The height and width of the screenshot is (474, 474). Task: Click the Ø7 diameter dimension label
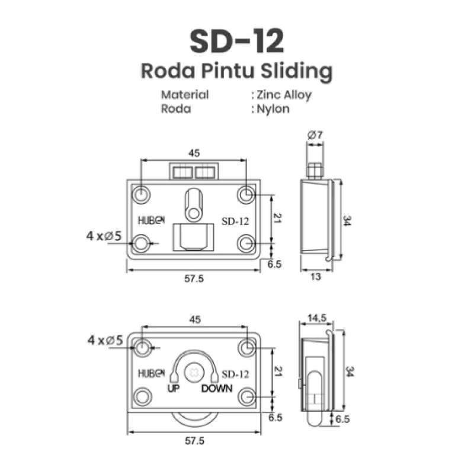[x=315, y=136]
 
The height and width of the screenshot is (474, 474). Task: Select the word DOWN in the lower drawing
[x=217, y=389]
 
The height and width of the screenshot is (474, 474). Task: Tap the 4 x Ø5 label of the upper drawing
[x=104, y=236]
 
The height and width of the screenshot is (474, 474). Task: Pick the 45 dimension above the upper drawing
[x=194, y=153]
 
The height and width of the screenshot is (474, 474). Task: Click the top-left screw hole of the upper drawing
[x=141, y=194]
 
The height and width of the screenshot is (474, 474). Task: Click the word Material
[x=185, y=95]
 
